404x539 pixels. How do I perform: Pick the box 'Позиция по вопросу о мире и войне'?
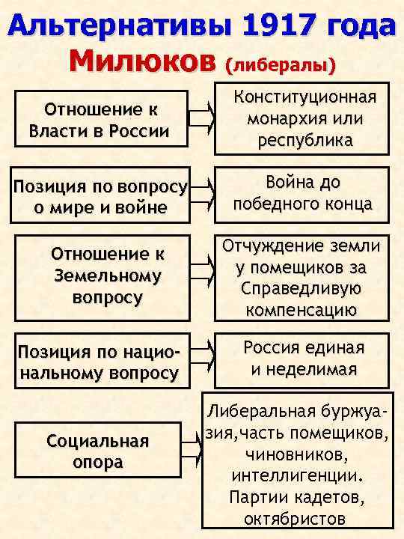click(100, 197)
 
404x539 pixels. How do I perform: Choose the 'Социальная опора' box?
click(97, 451)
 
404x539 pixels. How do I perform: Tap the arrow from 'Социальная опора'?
click(192, 450)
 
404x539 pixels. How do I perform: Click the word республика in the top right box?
click(304, 140)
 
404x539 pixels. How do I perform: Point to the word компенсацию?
click(304, 309)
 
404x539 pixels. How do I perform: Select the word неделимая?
click(315, 369)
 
